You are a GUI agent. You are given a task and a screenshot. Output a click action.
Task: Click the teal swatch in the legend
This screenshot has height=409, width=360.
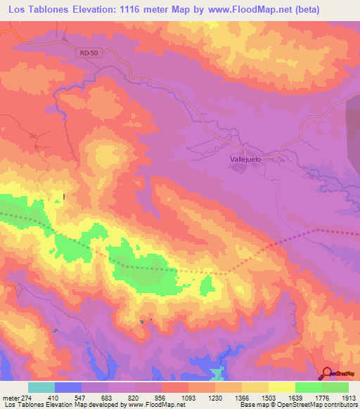click(41, 387)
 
